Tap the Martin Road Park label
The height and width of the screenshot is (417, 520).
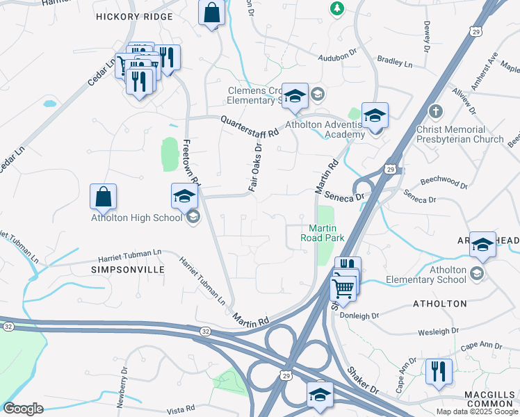tap(323, 233)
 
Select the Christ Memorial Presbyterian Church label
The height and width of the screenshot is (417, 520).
tap(460, 134)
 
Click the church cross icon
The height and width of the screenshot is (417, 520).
tap(435, 112)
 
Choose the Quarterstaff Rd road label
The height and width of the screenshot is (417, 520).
tap(250, 126)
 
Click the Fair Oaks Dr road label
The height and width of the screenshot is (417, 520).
tap(254, 167)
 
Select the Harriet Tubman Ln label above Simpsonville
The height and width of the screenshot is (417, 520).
tap(129, 253)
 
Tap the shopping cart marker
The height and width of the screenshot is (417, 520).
tap(343, 286)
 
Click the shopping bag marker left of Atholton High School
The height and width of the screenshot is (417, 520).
tap(103, 197)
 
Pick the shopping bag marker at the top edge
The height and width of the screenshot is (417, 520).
tap(211, 13)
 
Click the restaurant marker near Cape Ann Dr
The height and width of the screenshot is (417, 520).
tap(439, 372)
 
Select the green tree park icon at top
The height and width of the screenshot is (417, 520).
tap(336, 8)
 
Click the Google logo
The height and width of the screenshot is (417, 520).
tap(24, 409)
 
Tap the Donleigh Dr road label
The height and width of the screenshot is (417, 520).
tap(360, 315)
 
